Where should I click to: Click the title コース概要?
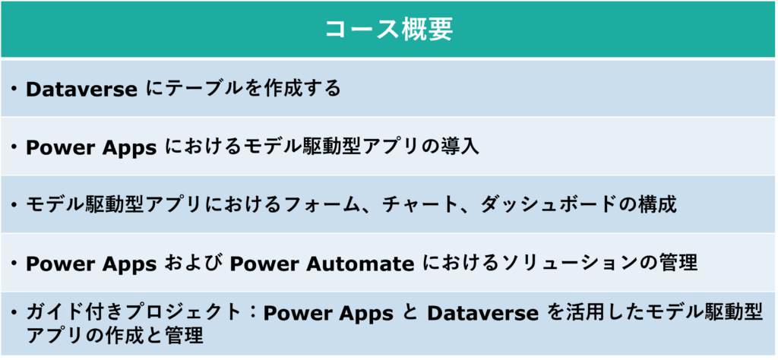[388, 30]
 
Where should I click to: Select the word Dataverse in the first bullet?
[81, 90]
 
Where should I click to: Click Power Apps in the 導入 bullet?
[91, 148]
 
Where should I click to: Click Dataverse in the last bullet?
[482, 314]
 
